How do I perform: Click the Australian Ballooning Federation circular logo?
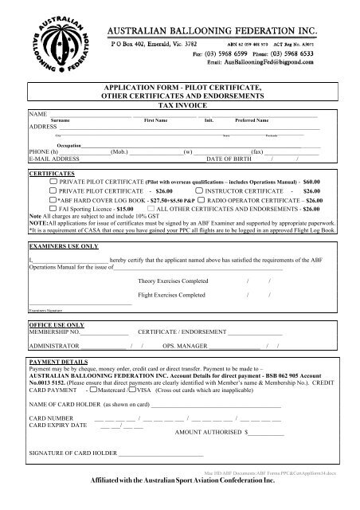tap(48, 41)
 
